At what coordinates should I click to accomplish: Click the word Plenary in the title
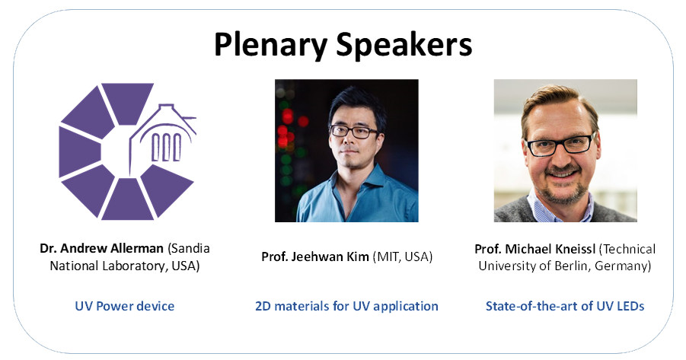pyautogui.click(x=270, y=46)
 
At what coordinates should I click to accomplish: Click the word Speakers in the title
pyautogui.click(x=404, y=46)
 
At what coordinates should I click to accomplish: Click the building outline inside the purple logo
pyautogui.click(x=163, y=138)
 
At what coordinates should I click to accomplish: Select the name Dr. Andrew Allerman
pyautogui.click(x=101, y=248)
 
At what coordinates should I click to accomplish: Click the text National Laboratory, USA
pyautogui.click(x=125, y=266)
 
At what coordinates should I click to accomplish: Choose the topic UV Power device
pyautogui.click(x=125, y=306)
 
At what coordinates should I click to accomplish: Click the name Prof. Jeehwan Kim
pyautogui.click(x=315, y=256)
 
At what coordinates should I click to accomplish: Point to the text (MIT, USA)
pyautogui.click(x=403, y=256)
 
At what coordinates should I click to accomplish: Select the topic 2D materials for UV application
pyautogui.click(x=346, y=306)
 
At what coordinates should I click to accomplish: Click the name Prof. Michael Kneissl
pyautogui.click(x=535, y=249)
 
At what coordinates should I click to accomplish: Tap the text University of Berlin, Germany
pyautogui.click(x=565, y=266)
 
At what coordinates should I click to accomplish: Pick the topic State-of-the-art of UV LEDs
pyautogui.click(x=565, y=306)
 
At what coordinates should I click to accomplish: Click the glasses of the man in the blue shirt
pyautogui.click(x=354, y=132)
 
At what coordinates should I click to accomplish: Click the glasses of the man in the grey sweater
pyautogui.click(x=560, y=145)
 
